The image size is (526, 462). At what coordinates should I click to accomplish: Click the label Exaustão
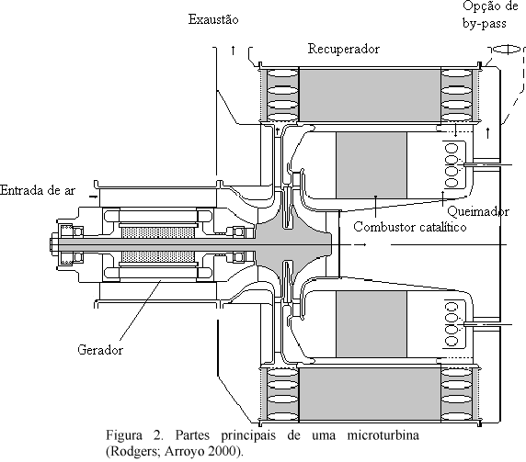[213, 19]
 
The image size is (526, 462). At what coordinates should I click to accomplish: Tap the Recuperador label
[344, 49]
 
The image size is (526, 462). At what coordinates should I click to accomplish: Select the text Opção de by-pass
[490, 15]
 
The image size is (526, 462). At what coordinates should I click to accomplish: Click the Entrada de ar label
[38, 190]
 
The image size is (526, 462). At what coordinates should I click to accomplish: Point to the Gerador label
[100, 350]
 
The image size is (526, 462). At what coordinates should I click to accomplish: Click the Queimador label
[478, 212]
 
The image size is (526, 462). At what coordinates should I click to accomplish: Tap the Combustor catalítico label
[409, 227]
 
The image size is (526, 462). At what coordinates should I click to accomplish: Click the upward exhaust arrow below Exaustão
[233, 51]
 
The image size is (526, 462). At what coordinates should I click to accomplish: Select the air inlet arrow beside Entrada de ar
[93, 197]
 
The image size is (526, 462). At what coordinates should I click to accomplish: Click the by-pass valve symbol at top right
[507, 50]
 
